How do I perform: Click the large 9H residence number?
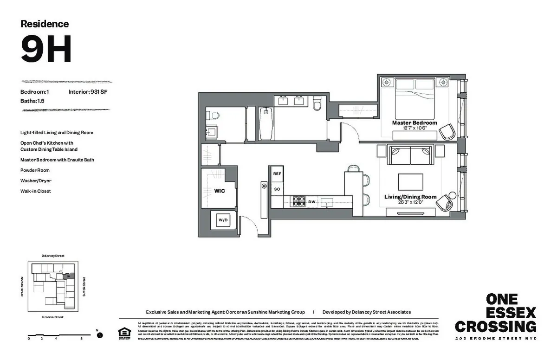tap(46, 50)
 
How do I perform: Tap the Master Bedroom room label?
tap(414, 123)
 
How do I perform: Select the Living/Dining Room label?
tap(410, 197)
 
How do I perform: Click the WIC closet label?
tap(219, 191)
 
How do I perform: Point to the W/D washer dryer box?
tap(223, 221)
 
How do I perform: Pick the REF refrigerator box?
tap(277, 174)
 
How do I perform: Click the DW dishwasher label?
tap(312, 202)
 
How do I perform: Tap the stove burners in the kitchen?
tap(297, 201)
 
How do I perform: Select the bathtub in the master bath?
tap(265, 124)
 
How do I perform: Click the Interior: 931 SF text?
tap(88, 92)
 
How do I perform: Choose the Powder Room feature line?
tap(35, 170)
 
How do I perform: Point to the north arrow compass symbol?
tap(99, 334)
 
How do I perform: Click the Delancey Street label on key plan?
tap(53, 256)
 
